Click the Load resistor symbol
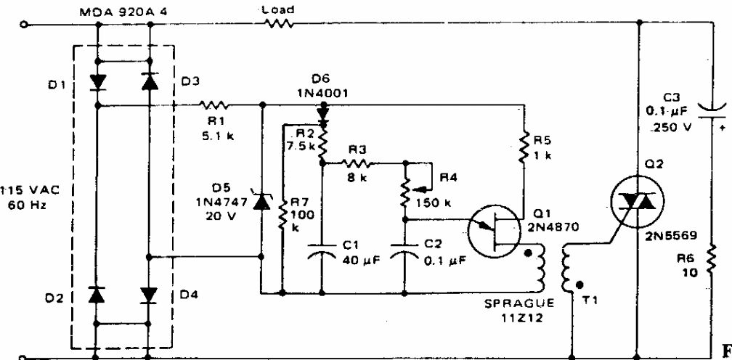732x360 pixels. tap(279, 23)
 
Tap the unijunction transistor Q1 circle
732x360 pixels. tap(495, 229)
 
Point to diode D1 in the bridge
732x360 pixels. tap(97, 82)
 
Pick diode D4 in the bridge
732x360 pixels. tap(149, 295)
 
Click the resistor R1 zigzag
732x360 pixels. tap(213, 105)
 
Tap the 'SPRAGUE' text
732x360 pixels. tap(518, 303)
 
